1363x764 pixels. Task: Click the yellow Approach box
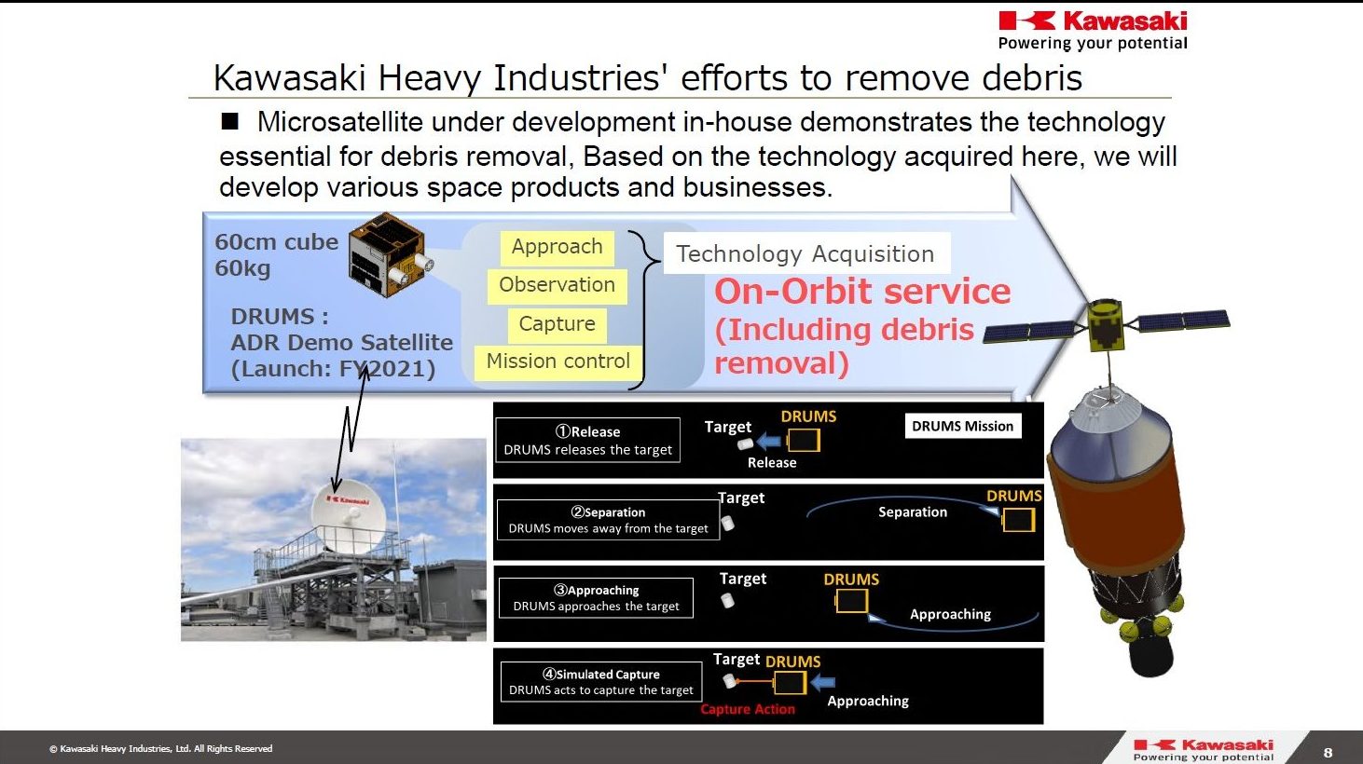557,248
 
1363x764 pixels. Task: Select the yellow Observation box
557,285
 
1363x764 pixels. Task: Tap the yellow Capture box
557,324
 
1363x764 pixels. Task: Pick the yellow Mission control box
558,362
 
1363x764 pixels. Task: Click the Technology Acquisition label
806,253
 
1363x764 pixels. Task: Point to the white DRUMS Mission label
963,426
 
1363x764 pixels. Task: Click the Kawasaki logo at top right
1093,31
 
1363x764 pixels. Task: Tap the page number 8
1328,753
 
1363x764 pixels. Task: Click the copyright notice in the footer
160,749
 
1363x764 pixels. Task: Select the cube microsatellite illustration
391,255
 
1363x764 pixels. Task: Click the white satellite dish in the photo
349,522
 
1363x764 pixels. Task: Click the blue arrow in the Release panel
769,441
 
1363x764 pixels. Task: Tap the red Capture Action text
747,709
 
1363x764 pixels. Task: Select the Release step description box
587,441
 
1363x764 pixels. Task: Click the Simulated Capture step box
601,682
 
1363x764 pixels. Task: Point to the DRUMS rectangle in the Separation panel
1019,520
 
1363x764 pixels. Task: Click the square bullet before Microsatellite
230,121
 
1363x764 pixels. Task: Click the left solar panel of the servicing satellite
1029,332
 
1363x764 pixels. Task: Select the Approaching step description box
596,598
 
